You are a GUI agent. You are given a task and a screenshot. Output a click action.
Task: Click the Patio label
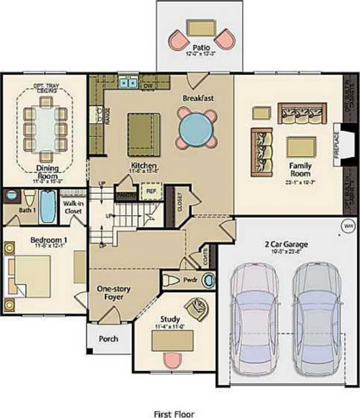204,48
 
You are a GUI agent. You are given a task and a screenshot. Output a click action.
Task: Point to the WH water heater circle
347,226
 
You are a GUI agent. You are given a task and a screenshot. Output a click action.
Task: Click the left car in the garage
255,322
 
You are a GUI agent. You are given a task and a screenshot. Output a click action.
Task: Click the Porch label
108,338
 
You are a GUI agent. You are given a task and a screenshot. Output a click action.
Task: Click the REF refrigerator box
150,191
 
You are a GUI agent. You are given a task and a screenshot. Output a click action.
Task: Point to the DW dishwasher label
148,86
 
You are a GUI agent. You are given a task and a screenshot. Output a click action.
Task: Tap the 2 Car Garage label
286,245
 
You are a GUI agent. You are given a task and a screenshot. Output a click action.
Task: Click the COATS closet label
204,258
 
